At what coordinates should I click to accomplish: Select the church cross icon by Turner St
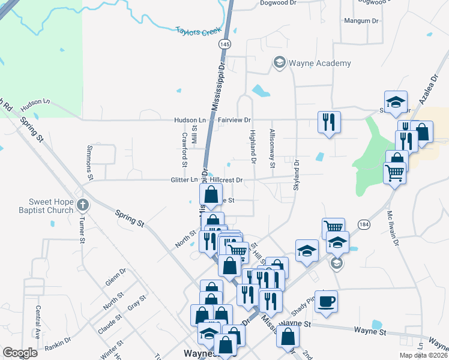(83, 206)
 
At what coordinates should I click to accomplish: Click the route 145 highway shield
(224, 44)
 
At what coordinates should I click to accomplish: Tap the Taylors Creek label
(199, 31)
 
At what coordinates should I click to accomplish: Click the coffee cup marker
(326, 302)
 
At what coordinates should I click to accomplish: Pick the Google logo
(20, 353)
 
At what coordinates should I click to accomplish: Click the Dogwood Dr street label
(278, 3)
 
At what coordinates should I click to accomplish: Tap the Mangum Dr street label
(361, 21)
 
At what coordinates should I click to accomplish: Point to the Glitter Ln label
(185, 179)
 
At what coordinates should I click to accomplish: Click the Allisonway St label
(273, 148)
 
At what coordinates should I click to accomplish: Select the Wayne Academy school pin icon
(279, 62)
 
